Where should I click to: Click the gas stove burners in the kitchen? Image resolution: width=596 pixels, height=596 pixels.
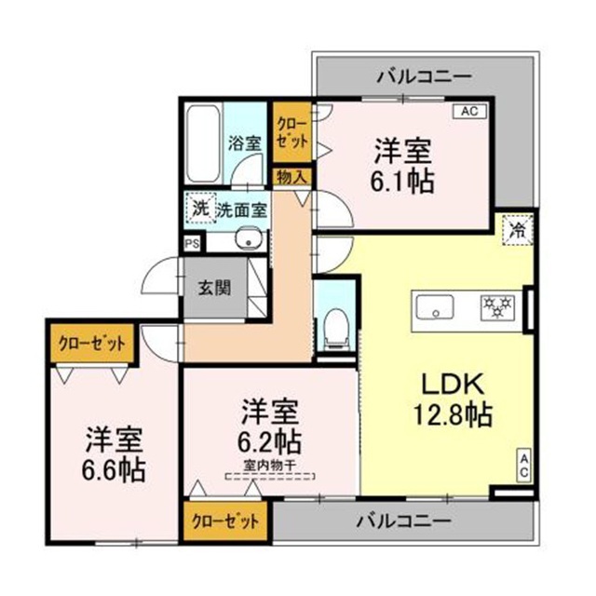pos(497,305)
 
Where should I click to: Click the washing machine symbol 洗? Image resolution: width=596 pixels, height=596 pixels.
pos(199,209)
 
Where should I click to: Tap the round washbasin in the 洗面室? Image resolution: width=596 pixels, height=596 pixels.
pos(247,243)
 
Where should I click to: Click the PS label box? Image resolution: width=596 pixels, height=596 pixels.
pos(192,244)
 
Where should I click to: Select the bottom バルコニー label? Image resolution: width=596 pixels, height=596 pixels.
pos(404,519)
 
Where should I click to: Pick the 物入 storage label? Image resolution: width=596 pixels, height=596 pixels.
pos(291,175)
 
